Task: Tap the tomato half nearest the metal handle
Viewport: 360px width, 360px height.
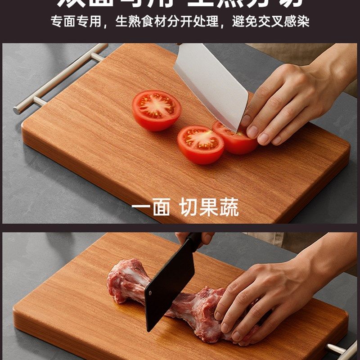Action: pos(156,110)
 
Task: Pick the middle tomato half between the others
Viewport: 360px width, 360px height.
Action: pos(200,144)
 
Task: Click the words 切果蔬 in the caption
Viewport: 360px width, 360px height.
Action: pos(209,207)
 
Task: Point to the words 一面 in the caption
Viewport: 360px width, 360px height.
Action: pos(151,207)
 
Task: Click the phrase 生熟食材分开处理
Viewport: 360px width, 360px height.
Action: pos(167,22)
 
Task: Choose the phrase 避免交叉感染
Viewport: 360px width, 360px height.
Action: pos(270,22)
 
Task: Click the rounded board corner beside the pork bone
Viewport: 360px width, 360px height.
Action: pos(20,310)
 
